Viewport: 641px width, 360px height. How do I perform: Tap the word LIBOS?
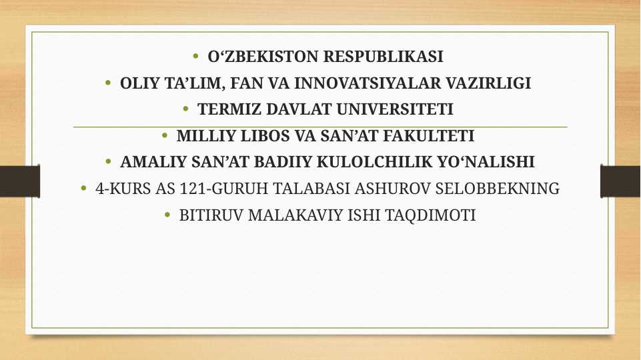[253, 136]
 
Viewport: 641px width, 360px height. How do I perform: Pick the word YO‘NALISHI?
[488, 162]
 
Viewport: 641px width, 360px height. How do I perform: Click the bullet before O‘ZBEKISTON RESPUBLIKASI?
[195, 56]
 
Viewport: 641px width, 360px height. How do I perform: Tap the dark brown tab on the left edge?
[19, 181]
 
